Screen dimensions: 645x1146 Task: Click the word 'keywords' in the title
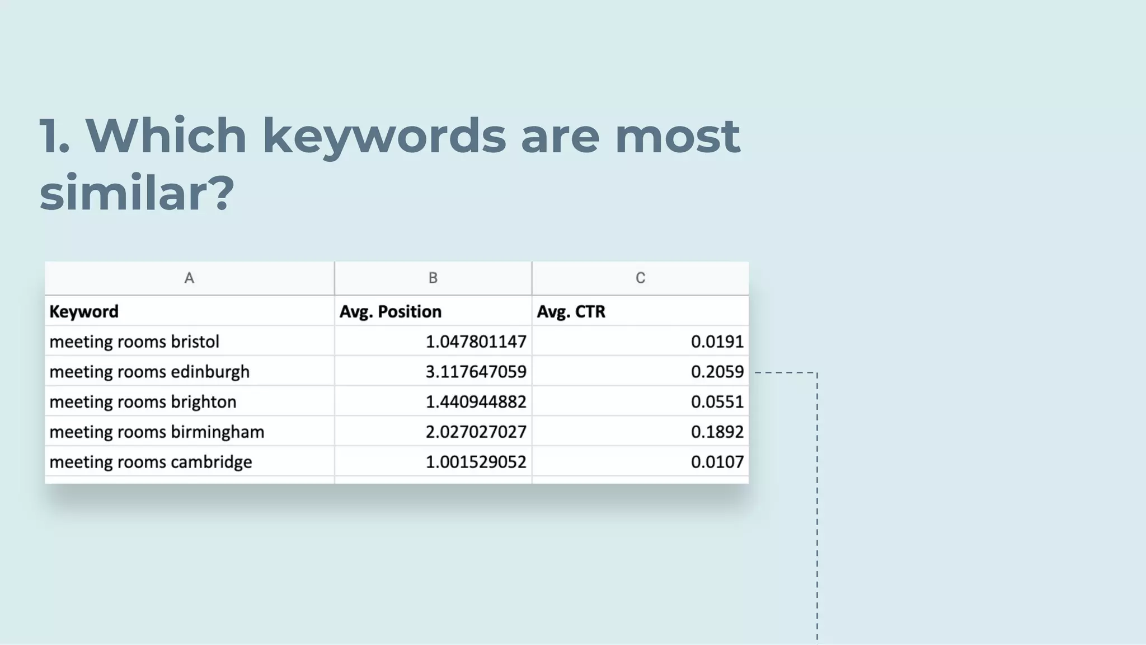tap(384, 136)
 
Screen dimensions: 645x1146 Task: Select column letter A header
tap(189, 278)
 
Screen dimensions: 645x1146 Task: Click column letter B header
tap(433, 278)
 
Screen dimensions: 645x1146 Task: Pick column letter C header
tap(640, 278)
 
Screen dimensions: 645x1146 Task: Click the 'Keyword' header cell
tap(84, 311)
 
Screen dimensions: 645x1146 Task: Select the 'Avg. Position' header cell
tap(391, 311)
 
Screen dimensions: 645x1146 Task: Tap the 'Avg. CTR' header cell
tap(571, 311)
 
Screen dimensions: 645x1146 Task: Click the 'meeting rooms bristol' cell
tap(134, 342)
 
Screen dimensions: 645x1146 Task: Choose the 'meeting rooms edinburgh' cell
tap(149, 372)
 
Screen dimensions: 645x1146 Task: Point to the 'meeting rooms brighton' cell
tap(143, 402)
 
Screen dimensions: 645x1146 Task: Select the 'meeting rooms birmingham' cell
tap(157, 432)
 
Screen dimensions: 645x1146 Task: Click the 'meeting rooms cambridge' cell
tap(151, 462)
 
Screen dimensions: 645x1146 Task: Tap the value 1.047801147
tap(476, 342)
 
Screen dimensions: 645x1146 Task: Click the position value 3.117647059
tap(476, 372)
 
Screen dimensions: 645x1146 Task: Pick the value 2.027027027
tap(476, 432)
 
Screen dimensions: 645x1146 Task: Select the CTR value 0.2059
tap(717, 372)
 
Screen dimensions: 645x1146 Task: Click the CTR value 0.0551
tap(717, 402)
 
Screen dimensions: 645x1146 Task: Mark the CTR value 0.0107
tap(717, 462)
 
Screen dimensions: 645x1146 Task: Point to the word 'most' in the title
tap(677, 136)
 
